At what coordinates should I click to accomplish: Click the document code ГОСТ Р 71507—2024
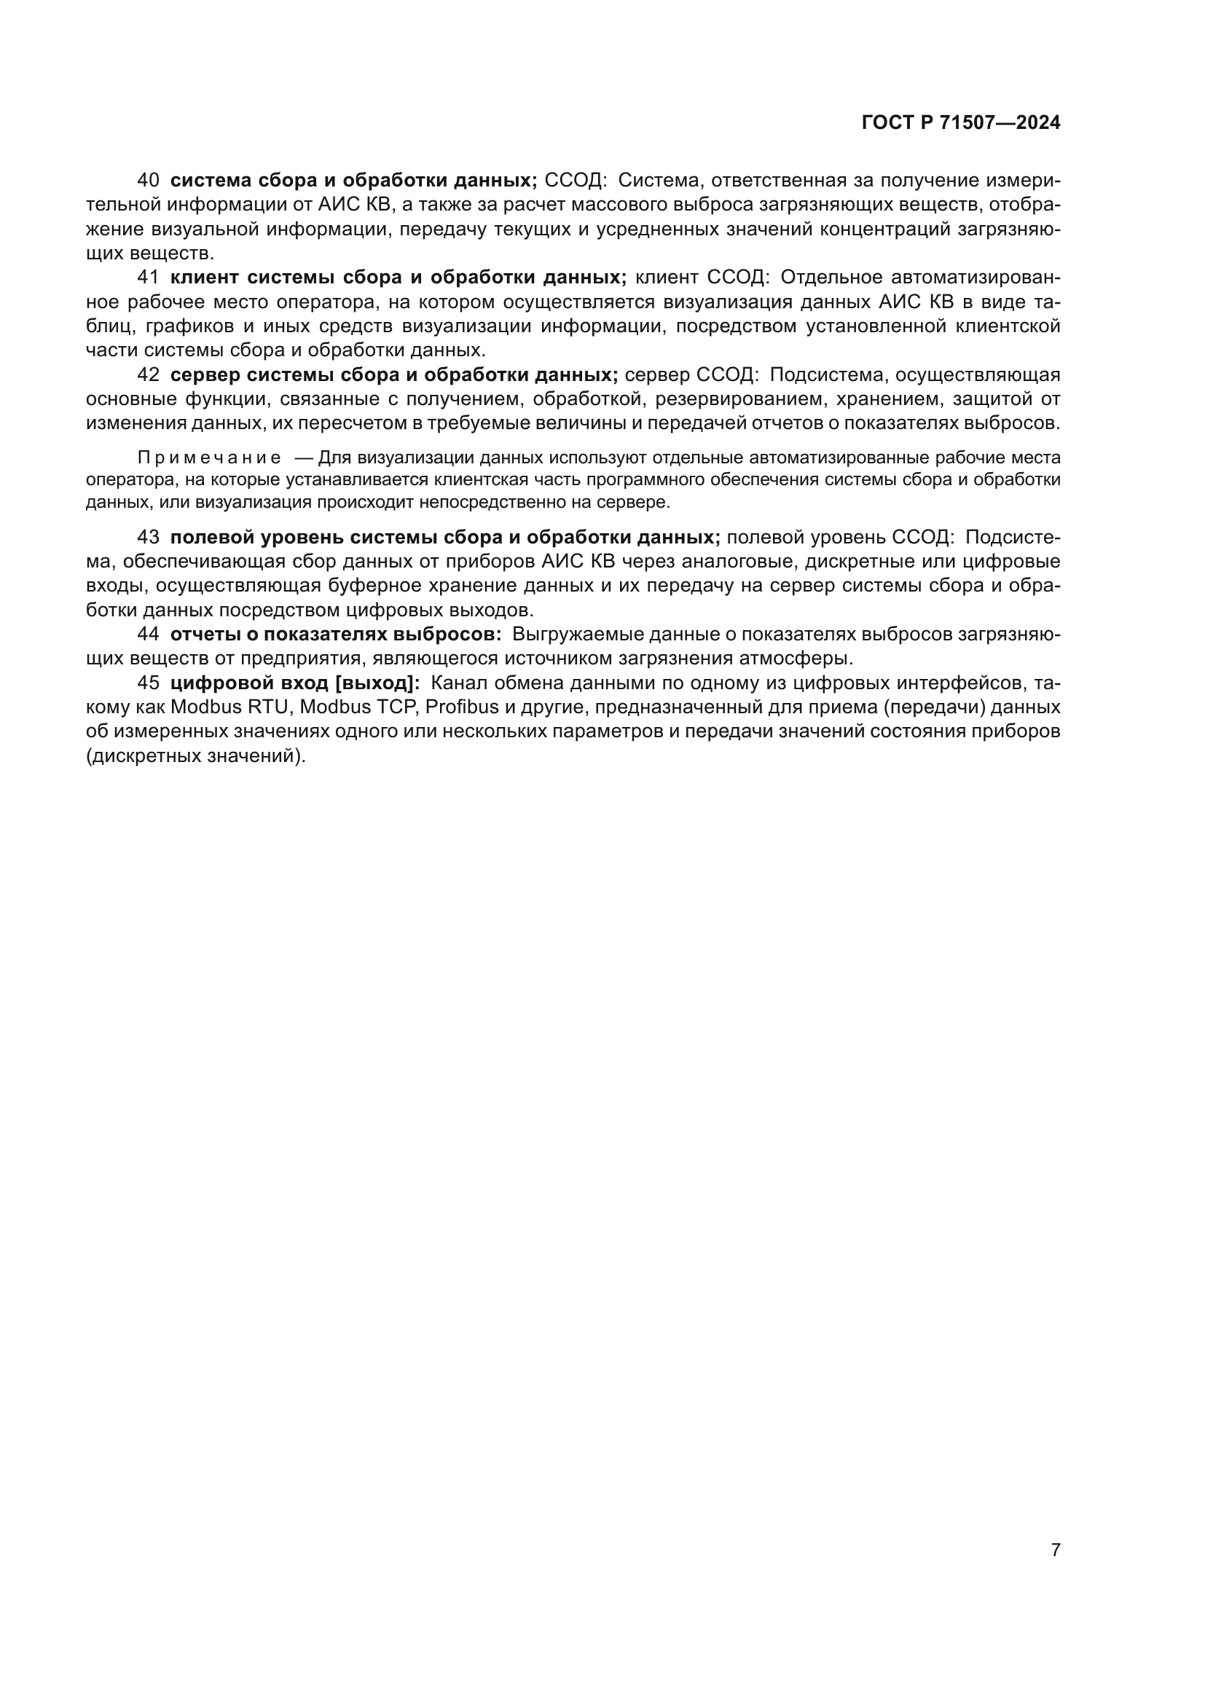point(961,122)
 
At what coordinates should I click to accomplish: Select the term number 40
point(149,181)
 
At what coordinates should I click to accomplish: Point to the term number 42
point(149,374)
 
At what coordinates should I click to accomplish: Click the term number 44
point(149,635)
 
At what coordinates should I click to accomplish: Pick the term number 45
point(149,683)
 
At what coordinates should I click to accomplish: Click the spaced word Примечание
point(209,458)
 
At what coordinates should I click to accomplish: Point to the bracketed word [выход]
point(378,683)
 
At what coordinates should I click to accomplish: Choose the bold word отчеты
point(200,635)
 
